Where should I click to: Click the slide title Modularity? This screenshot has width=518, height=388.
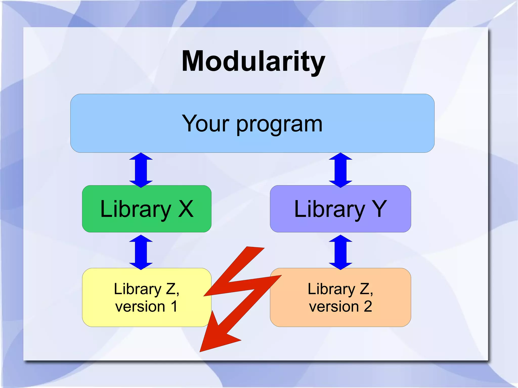pos(253,61)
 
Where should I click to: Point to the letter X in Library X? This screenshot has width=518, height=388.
pos(186,209)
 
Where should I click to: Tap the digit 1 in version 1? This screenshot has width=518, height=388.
pos(174,306)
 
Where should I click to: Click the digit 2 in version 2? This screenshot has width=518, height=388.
pos(368,306)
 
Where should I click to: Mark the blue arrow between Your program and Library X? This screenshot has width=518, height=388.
pos(141,170)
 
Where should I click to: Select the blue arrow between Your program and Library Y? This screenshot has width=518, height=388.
pos(340,170)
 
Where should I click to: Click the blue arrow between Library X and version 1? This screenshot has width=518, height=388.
pos(141,252)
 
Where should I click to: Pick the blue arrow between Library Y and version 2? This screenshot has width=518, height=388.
pos(340,252)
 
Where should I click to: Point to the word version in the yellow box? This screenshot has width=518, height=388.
pos(140,307)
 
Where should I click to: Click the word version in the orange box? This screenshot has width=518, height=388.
pos(334,307)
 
